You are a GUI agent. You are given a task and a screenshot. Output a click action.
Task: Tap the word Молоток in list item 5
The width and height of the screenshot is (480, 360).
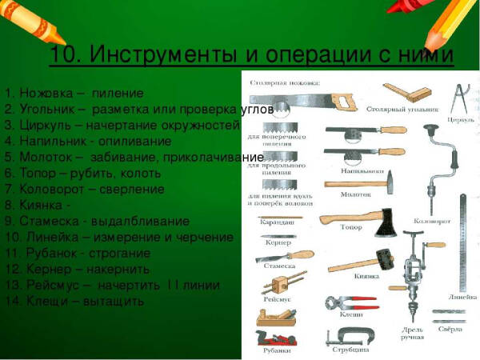pos(47,158)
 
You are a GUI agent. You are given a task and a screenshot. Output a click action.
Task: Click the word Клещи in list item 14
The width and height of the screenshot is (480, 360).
pos(43,302)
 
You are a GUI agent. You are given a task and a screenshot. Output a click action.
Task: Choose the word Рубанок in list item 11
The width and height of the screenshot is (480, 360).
pos(52,254)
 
